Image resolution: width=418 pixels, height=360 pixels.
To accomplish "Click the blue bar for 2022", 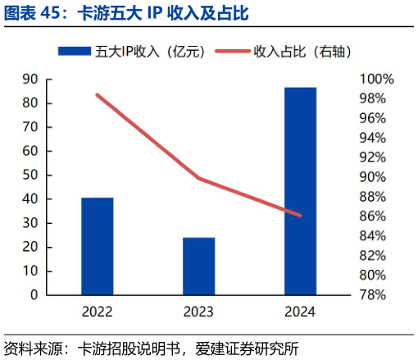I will point(97,246).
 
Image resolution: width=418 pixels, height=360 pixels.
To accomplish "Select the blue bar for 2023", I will point(198,266).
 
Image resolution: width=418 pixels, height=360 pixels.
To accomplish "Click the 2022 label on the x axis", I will point(97,312).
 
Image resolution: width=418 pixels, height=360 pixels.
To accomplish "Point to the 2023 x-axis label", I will point(198,312).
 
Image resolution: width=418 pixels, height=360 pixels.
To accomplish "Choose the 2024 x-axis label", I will point(300,312).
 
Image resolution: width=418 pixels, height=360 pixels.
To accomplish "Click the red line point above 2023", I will point(198,178).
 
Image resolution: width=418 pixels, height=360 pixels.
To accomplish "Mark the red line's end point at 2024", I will point(300,216).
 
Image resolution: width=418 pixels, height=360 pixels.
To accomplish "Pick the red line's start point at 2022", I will point(97,95).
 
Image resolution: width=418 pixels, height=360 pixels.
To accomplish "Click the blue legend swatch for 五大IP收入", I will point(74,51).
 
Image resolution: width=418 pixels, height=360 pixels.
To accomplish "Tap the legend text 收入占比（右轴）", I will point(302,51).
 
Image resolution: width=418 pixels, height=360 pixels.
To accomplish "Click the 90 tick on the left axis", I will point(30,80).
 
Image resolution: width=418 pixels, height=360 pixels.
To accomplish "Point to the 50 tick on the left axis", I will point(30,175).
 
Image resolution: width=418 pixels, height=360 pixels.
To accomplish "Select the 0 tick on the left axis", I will point(34,294).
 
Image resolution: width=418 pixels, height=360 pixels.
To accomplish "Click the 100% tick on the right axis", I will point(377,80).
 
